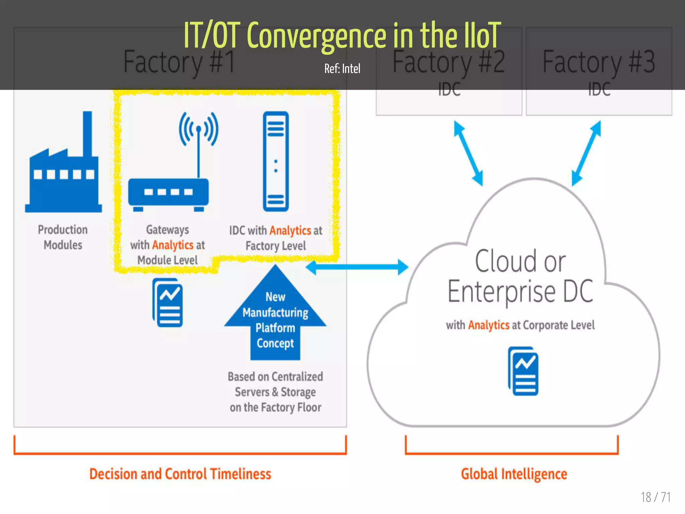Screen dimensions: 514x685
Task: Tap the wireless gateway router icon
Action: coord(169,192)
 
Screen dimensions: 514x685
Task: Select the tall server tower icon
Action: coord(276,161)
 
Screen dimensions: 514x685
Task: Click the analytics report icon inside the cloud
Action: coord(523,371)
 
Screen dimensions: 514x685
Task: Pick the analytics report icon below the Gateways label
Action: coord(168,303)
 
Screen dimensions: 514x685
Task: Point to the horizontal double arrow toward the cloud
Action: coord(357,267)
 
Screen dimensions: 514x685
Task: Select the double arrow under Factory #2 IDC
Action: coord(468,153)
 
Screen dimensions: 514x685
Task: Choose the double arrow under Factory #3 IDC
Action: coord(586,153)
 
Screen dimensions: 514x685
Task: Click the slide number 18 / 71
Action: coord(656,497)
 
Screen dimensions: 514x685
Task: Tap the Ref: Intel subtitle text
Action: coord(342,69)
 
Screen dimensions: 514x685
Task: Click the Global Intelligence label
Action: coord(514,474)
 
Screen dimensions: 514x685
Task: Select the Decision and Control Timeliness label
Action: coord(180,474)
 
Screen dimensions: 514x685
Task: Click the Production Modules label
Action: coord(63,237)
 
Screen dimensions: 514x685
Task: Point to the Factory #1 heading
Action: coord(179,62)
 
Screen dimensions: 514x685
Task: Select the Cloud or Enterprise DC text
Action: coord(520,276)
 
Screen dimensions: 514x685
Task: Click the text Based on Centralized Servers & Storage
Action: coord(275,384)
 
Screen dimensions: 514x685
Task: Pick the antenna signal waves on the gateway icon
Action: coord(199,129)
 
